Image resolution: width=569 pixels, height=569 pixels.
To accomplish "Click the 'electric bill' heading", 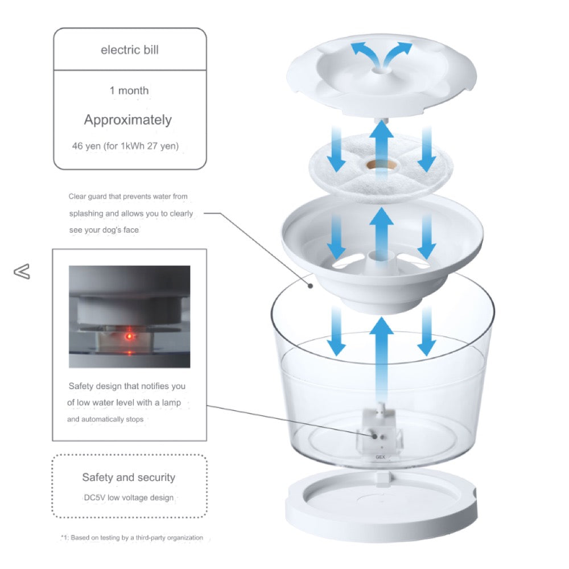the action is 130,50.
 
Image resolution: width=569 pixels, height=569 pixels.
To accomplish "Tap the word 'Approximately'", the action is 127,120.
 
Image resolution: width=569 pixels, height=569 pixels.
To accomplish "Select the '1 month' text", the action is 129,90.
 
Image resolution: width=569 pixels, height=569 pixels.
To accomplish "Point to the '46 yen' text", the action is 86,146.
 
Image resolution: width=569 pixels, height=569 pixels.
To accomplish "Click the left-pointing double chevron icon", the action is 22,271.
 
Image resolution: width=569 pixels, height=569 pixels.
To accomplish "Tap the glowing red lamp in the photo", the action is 129,336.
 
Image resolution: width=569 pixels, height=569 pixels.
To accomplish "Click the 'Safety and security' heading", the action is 129,477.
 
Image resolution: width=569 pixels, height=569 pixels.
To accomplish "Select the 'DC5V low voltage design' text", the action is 129,497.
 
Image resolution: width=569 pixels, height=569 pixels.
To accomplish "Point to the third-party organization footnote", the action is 132,538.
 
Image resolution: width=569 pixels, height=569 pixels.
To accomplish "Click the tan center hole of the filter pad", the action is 380,165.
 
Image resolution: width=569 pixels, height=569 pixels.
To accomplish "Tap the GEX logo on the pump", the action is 380,457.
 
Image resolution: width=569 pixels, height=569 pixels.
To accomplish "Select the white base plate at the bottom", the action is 381,506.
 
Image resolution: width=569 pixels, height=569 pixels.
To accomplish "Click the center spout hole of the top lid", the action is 381,69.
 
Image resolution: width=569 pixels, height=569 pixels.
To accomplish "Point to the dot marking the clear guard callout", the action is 311,286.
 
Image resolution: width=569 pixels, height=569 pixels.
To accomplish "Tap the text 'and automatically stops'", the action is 105,419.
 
